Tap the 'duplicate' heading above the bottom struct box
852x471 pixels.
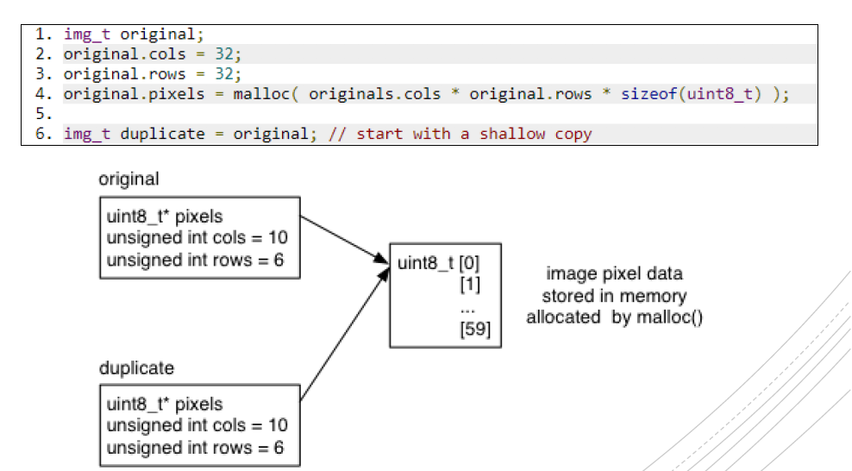pyautogui.click(x=136, y=368)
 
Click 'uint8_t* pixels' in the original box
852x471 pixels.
pyautogui.click(x=165, y=216)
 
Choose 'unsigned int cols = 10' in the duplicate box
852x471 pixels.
pyautogui.click(x=197, y=426)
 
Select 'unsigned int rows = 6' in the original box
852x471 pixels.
pyautogui.click(x=195, y=260)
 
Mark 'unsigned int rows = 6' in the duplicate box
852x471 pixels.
pyautogui.click(x=195, y=448)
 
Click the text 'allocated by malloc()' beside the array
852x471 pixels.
pyautogui.click(x=614, y=317)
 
